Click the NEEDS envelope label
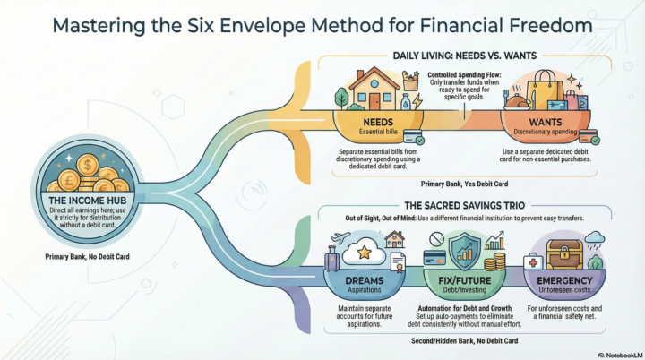coord(378,122)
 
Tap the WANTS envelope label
coord(546,122)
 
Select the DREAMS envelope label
coord(365,280)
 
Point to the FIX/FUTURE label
coord(465,280)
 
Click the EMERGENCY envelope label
coord(564,280)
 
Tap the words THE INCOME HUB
coord(88,201)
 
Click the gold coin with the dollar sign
coord(87,165)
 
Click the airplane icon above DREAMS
coord(340,238)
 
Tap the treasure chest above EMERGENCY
coord(564,254)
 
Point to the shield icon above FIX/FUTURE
coord(465,250)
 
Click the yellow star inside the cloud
coord(365,253)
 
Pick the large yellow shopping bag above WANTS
coord(546,90)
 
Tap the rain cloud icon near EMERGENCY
coord(595,239)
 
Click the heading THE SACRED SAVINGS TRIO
coord(464,205)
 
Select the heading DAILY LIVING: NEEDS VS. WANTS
coord(464,56)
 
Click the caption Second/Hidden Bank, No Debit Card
coord(464,340)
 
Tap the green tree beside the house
coord(341,98)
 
